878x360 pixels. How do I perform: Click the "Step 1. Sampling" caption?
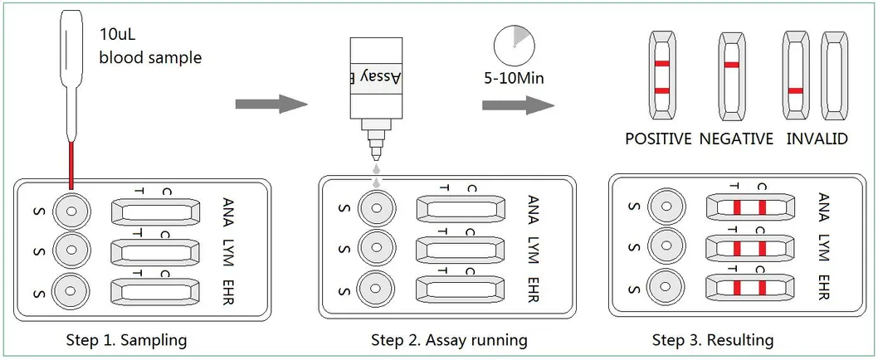pos(127,340)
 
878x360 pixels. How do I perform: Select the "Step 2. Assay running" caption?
pos(448,340)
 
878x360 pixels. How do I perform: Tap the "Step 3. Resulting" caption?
pos(712,340)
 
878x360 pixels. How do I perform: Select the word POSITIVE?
pos(658,139)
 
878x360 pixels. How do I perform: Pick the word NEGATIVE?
pos(736,139)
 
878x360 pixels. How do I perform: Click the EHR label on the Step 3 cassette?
pos(824,287)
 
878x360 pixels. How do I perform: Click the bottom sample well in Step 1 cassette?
pos(71,289)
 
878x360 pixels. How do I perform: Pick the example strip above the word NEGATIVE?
pos(731,75)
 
